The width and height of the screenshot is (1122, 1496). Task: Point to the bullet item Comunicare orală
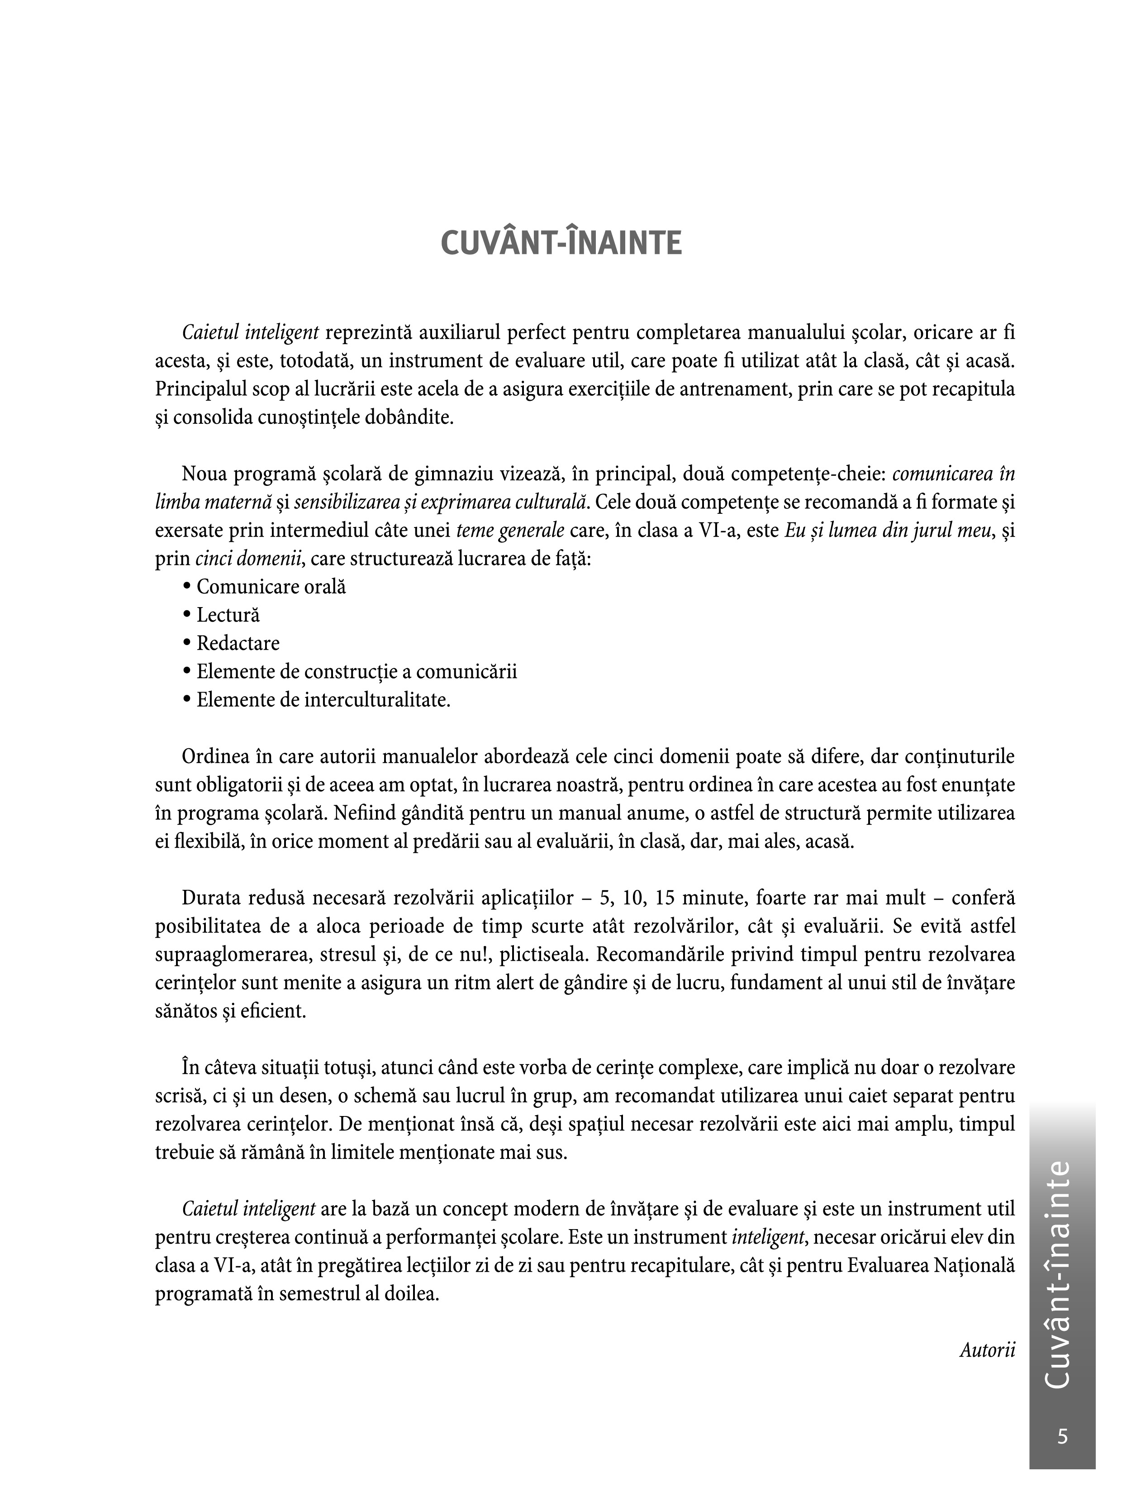271,586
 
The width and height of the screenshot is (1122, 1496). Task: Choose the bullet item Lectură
228,615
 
